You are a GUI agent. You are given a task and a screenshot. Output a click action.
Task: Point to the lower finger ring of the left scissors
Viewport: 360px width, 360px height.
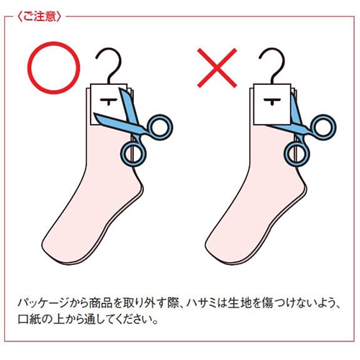point(132,153)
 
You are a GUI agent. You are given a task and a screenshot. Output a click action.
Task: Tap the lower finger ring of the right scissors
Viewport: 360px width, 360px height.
point(294,153)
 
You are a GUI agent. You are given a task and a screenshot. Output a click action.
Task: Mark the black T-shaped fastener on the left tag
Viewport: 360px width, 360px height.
point(108,99)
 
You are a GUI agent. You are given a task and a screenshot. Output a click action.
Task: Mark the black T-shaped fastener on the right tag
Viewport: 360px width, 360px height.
point(272,99)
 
